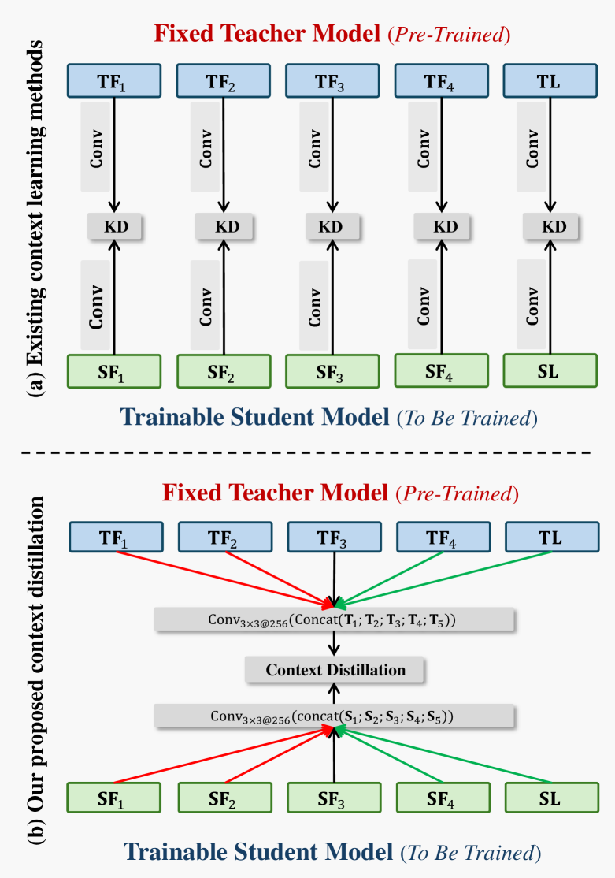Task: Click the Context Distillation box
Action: (x=335, y=670)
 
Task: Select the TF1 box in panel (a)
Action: (x=114, y=81)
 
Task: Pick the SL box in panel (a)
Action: (x=549, y=370)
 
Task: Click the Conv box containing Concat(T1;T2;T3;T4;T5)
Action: (x=335, y=620)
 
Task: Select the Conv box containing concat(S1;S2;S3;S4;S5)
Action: (x=335, y=716)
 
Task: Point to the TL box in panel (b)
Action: (x=550, y=538)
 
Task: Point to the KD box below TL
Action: (x=551, y=227)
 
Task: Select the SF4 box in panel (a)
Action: (x=441, y=370)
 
